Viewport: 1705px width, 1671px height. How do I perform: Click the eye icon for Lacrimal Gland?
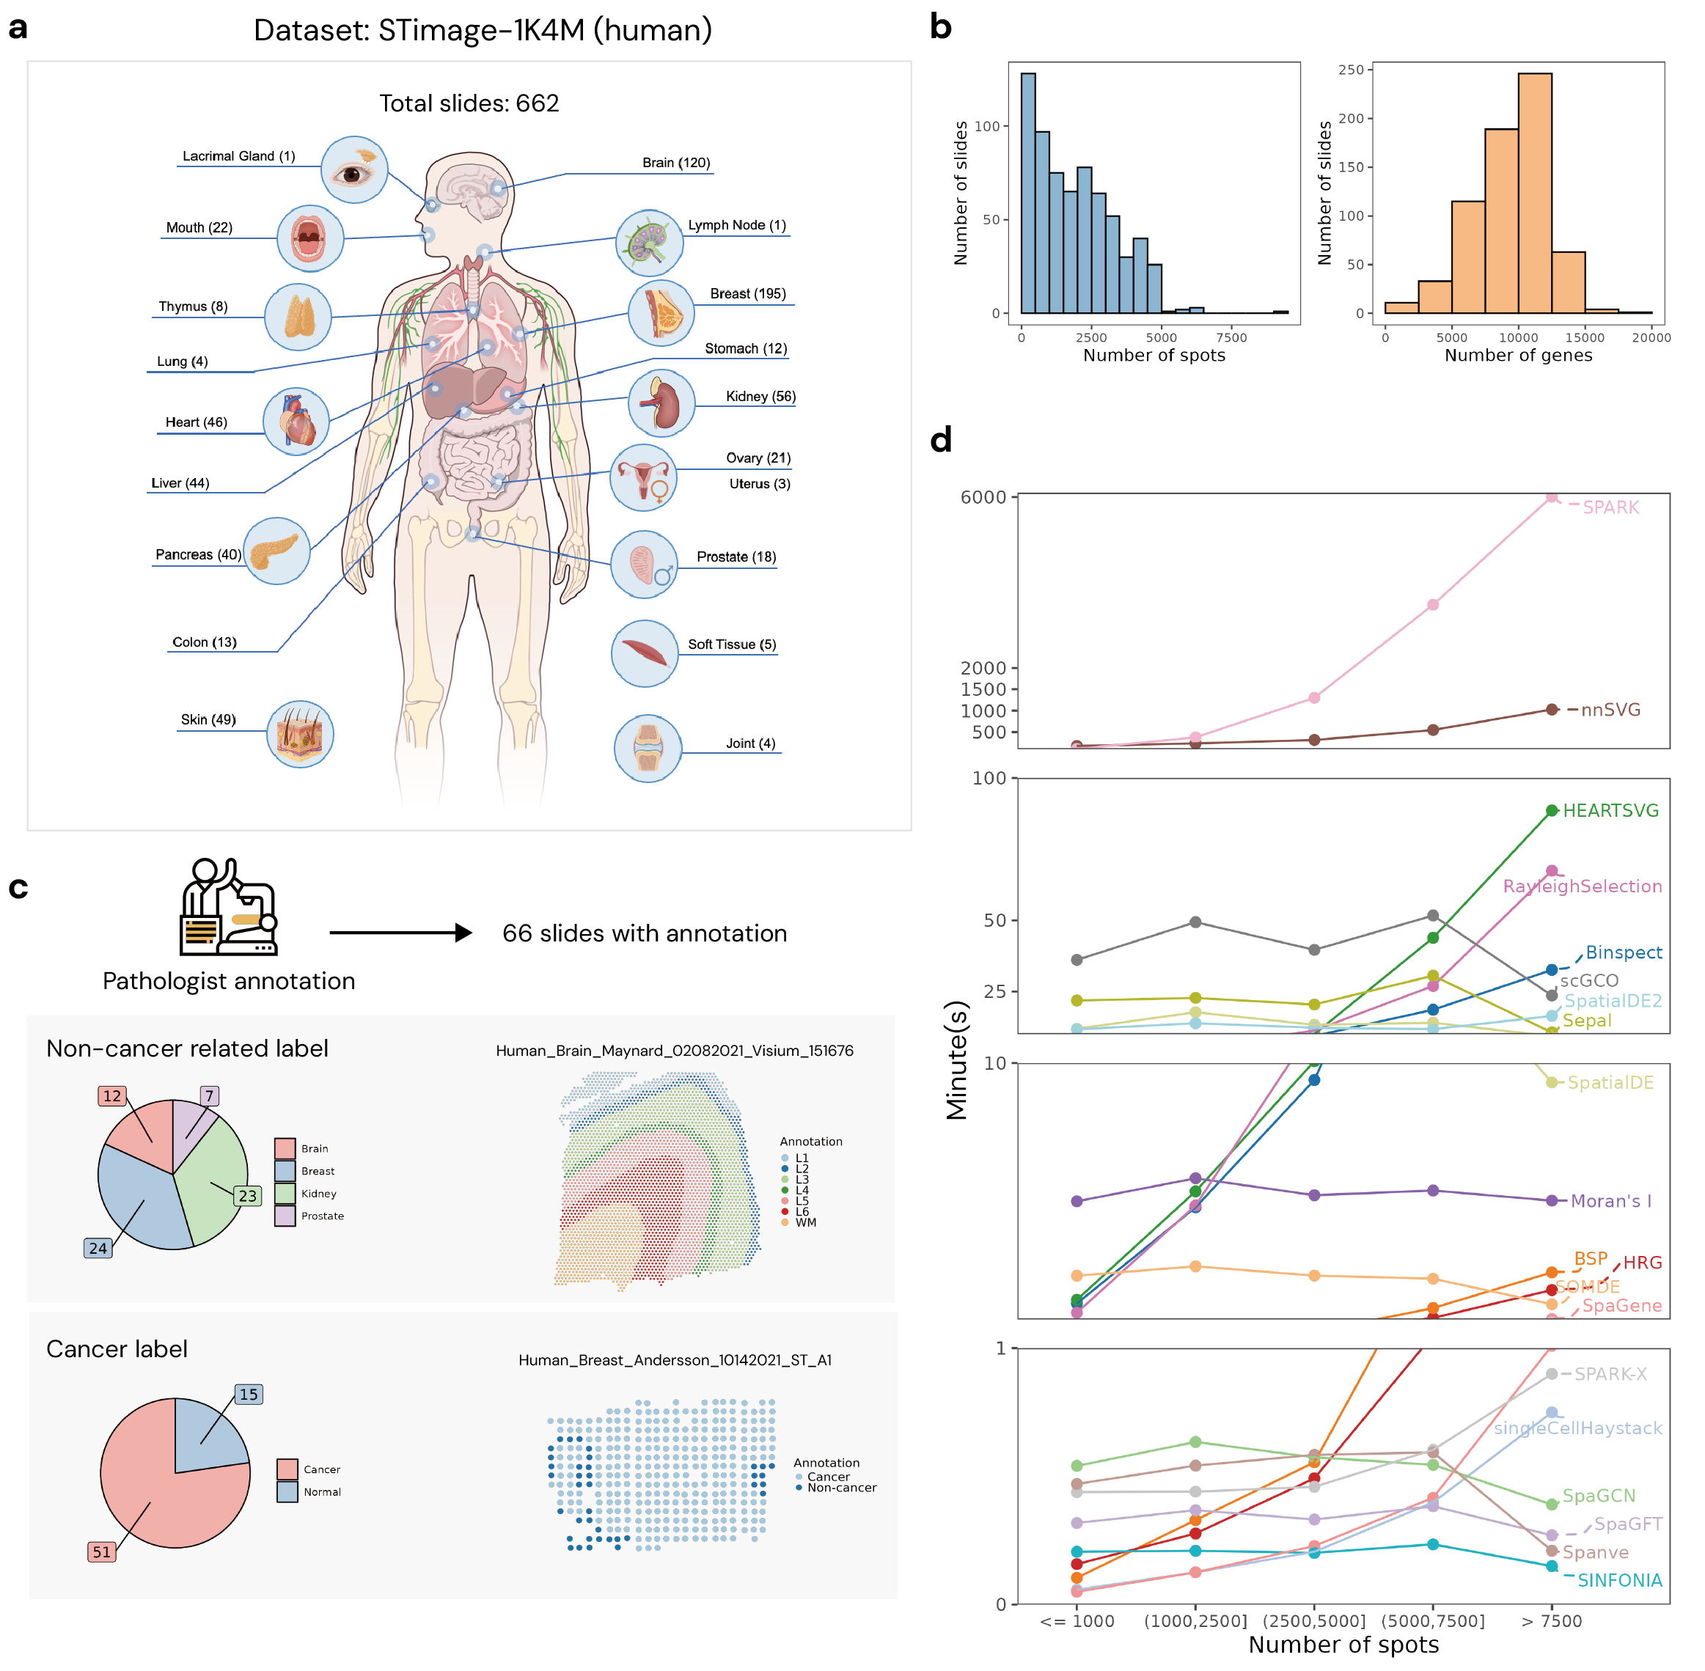(x=353, y=170)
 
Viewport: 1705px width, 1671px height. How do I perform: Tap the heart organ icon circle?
(x=297, y=422)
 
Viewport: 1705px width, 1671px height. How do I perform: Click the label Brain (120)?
(x=676, y=164)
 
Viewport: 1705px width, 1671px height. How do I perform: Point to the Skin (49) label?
(x=208, y=721)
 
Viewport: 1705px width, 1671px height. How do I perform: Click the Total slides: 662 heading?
(x=469, y=103)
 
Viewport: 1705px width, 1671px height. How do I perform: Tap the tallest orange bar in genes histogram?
(x=1536, y=193)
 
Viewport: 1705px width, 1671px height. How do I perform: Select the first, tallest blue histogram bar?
(x=1028, y=193)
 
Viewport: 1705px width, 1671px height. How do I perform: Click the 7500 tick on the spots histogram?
(x=1232, y=338)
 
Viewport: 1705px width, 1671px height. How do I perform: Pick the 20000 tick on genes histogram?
(x=1651, y=338)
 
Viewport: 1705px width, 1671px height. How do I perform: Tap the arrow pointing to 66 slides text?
(x=400, y=933)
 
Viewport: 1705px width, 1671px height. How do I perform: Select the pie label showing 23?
(x=248, y=1196)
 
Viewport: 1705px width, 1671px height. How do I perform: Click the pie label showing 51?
(x=102, y=1552)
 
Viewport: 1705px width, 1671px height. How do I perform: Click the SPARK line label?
(x=1611, y=508)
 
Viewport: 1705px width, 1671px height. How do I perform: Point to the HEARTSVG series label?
(x=1611, y=811)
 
